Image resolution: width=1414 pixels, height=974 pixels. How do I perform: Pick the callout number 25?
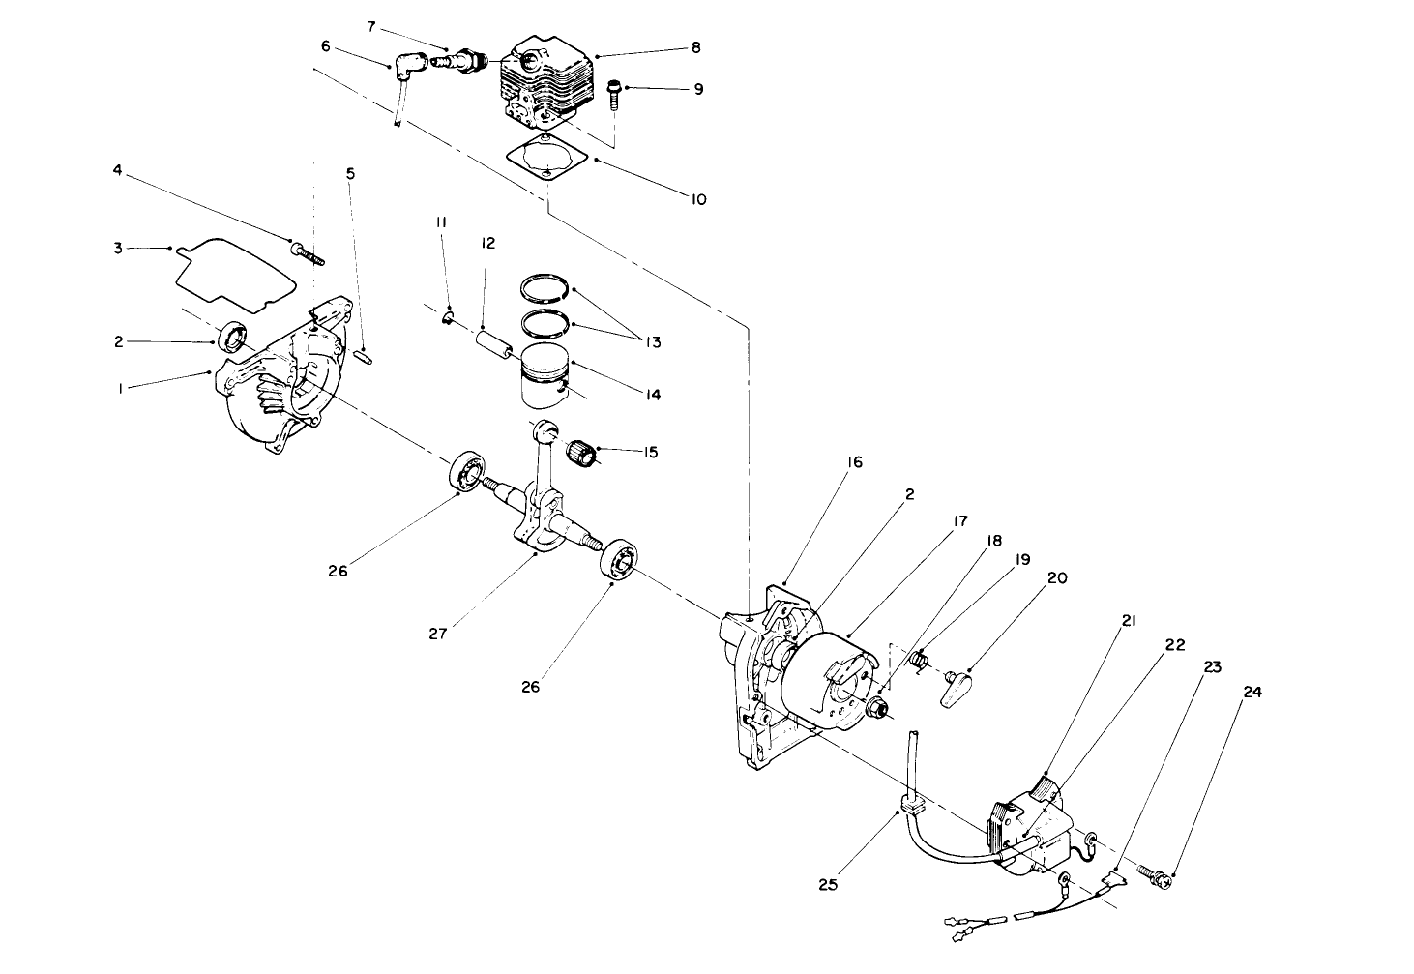click(828, 883)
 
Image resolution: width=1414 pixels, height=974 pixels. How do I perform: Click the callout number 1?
click(119, 388)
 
